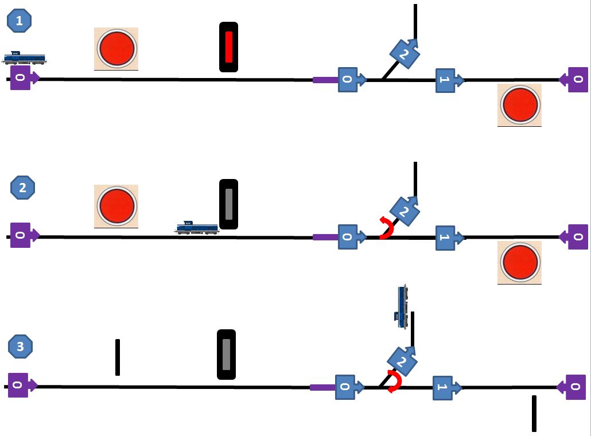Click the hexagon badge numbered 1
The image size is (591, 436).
pyautogui.click(x=20, y=20)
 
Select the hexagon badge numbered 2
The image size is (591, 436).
pyautogui.click(x=22, y=187)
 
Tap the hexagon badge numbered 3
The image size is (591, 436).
pyautogui.click(x=20, y=347)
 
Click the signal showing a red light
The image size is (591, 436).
pyautogui.click(x=228, y=46)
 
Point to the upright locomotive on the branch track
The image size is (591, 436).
pyautogui.click(x=402, y=307)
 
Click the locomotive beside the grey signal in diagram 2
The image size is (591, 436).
pyautogui.click(x=197, y=228)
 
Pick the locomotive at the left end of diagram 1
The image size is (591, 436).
pyautogui.click(x=25, y=58)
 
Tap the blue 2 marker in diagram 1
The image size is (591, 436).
pyautogui.click(x=405, y=53)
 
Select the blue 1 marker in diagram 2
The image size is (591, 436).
pyautogui.click(x=449, y=238)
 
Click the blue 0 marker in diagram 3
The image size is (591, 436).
pyautogui.click(x=349, y=387)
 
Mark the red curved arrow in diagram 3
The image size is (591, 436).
pyautogui.click(x=396, y=381)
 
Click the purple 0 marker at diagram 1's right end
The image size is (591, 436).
pyautogui.click(x=574, y=80)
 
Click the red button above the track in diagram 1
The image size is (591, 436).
pyautogui.click(x=116, y=49)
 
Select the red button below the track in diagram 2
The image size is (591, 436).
pyautogui.click(x=520, y=262)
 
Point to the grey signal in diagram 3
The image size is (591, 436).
pyautogui.click(x=226, y=355)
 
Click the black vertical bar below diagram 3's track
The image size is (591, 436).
pyautogui.click(x=534, y=414)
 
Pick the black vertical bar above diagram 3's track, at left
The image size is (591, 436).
pyautogui.click(x=118, y=357)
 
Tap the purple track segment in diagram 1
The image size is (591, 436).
pyautogui.click(x=326, y=80)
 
